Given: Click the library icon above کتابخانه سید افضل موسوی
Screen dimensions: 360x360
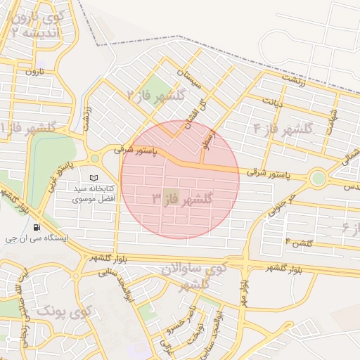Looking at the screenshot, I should pos(95,178).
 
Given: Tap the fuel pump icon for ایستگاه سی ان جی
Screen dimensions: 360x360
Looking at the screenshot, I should pos(37,227).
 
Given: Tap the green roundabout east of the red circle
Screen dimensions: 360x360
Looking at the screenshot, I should pos(319,178).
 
